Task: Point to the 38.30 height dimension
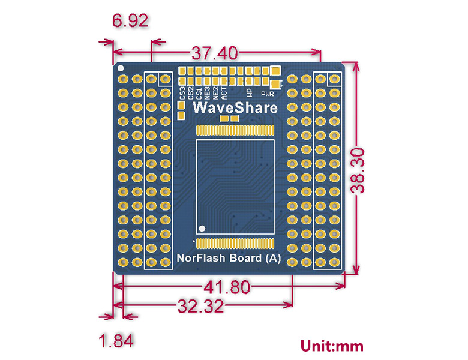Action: (359, 170)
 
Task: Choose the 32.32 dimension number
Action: (200, 307)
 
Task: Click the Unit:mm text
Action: (332, 346)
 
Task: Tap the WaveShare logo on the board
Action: (235, 108)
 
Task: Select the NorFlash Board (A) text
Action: (227, 259)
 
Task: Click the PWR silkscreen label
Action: (266, 94)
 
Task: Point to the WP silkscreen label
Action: (249, 92)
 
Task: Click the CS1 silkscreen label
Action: (199, 93)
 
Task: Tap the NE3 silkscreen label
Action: (207, 93)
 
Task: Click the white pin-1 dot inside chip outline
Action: (202, 228)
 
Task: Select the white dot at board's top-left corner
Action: (119, 68)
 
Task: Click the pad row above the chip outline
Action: (235, 130)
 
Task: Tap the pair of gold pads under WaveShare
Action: (229, 119)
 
